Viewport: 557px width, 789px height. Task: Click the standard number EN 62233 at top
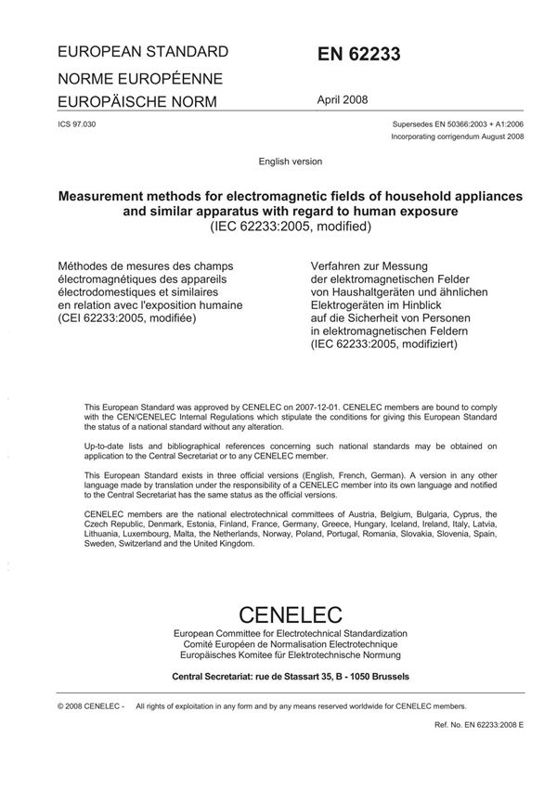[360, 55]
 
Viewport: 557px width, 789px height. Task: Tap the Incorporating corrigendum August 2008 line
[459, 136]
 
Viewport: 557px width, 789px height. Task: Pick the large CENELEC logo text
[291, 614]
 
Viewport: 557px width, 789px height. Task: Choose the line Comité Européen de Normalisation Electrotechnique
[291, 643]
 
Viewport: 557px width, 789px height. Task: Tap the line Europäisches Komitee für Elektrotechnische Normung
[291, 654]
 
